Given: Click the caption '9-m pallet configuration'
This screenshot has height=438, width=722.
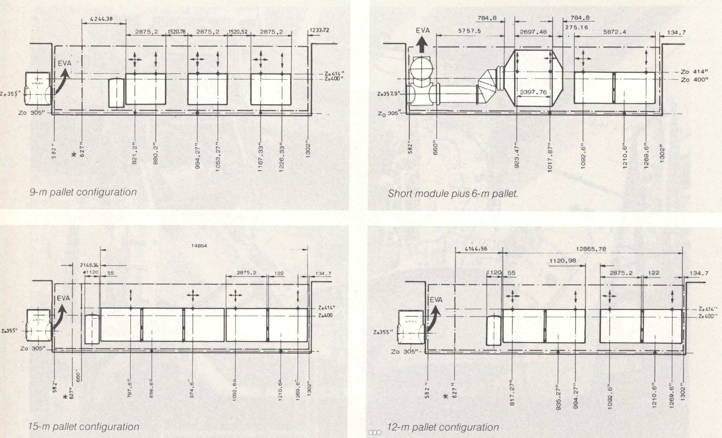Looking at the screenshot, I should [83, 192].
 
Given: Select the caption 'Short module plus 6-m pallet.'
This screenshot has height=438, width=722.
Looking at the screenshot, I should [453, 194].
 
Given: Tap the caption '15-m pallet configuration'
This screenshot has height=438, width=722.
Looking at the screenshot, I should [84, 427].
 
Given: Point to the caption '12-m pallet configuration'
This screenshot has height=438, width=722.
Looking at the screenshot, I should [443, 427].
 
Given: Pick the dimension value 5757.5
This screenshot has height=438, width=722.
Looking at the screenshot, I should [469, 31].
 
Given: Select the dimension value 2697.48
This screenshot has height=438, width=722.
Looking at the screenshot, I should [533, 32].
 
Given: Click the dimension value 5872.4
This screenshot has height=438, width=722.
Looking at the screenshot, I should [615, 32].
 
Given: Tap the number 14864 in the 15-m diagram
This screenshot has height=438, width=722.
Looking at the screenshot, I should [199, 246].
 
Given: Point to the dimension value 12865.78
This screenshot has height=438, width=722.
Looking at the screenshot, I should [591, 249].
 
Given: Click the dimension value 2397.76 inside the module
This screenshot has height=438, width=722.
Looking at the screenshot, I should [533, 92].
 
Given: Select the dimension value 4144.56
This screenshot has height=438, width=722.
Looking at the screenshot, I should [476, 249].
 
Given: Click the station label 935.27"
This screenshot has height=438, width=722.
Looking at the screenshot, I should [559, 397].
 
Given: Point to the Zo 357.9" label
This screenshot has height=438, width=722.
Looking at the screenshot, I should [388, 94].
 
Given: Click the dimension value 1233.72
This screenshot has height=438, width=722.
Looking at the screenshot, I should [319, 31].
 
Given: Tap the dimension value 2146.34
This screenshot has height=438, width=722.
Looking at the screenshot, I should [89, 265].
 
